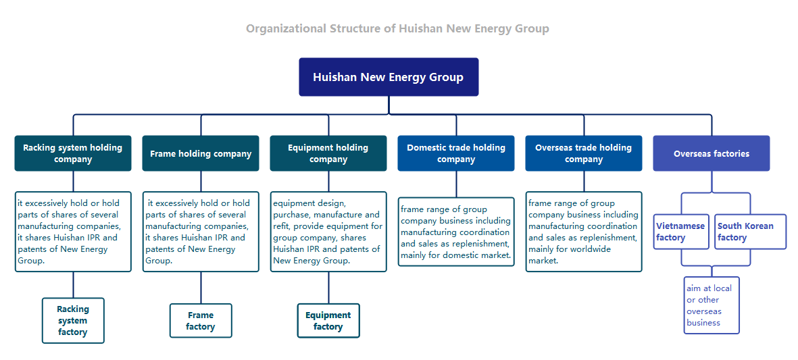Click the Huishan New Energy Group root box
pos(389,77)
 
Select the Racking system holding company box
pos(73,153)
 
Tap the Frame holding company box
pos(201,153)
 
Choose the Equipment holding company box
pos(328,153)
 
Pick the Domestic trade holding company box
pos(456,153)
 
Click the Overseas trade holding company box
pos(584,153)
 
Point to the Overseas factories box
pos(712,153)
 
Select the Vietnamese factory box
pos(681,232)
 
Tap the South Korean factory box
pos(750,232)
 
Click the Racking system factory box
pos(73,320)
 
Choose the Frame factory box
pos(201,320)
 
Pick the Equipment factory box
pos(328,320)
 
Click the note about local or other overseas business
pos(712,305)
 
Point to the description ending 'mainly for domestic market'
pos(456,232)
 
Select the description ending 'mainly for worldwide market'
pos(584,232)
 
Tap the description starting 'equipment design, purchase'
pos(328,232)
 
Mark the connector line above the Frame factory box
pos(201,288)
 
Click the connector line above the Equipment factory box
pos(328,288)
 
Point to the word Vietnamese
pos(680,226)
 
